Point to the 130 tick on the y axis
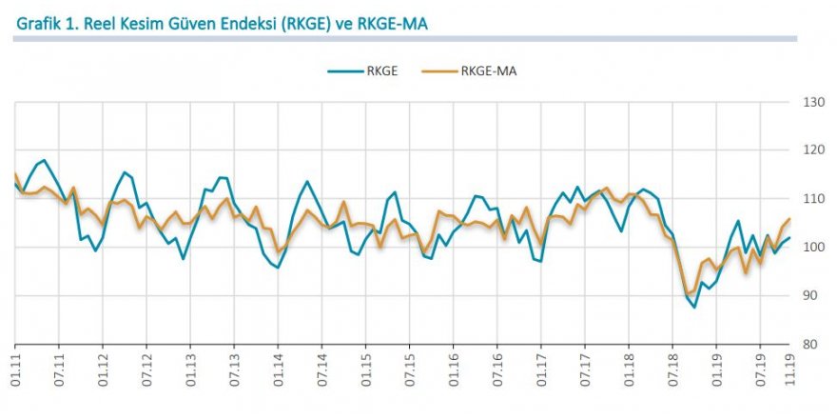(x=812, y=102)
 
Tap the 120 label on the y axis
(x=812, y=150)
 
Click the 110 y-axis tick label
(x=812, y=199)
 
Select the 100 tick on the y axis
(x=812, y=248)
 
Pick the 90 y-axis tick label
(x=812, y=296)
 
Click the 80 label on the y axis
(x=812, y=345)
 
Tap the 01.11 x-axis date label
(x=15, y=367)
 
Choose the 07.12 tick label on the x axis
(x=146, y=367)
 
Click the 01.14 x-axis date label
(x=278, y=367)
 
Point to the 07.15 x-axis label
(x=409, y=367)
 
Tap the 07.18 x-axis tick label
(x=672, y=367)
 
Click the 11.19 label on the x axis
(x=789, y=367)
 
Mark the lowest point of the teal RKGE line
(x=694, y=307)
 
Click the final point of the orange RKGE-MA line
(x=789, y=220)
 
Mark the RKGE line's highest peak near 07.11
(x=44, y=160)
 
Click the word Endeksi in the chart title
(x=236, y=22)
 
